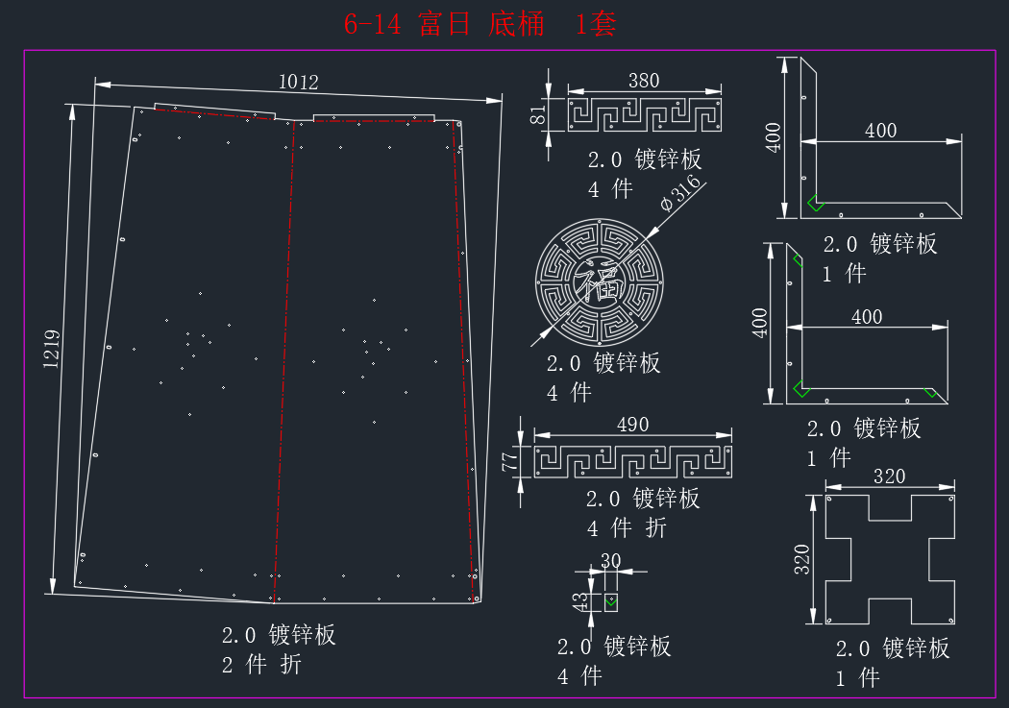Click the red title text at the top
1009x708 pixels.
pos(480,24)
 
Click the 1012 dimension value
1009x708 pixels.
pos(299,82)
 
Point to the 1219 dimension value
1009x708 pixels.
pos(52,349)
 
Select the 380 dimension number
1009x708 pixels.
pos(644,81)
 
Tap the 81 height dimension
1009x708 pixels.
pos(538,115)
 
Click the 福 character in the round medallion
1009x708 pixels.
pos(600,281)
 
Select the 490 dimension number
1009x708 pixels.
pos(632,425)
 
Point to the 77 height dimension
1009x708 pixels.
pos(509,461)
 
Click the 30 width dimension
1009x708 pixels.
pos(610,561)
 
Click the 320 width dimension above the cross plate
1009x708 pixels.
pos(889,476)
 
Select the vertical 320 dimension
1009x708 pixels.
pos(801,559)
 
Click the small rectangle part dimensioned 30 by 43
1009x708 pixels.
pos(610,602)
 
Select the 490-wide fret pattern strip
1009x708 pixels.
pos(633,462)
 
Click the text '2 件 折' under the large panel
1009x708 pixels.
pos(262,664)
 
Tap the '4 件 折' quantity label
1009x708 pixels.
pos(627,528)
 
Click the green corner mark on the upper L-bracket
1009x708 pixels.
pos(815,203)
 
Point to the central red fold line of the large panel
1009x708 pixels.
pos(284,361)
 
